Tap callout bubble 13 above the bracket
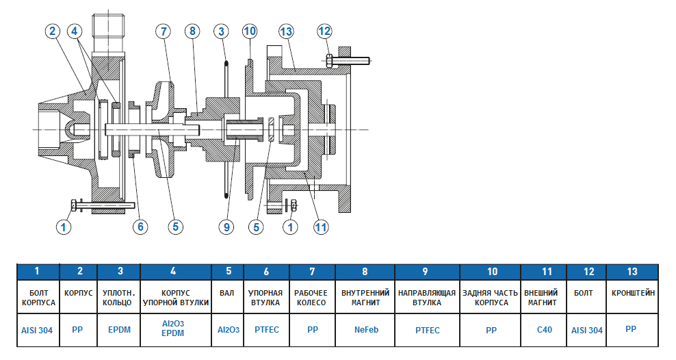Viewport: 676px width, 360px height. [x=286, y=31]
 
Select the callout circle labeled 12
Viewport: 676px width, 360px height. [x=324, y=31]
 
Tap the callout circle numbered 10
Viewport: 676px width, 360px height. [x=249, y=31]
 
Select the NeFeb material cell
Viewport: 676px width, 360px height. [x=366, y=329]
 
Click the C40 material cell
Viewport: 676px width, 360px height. [x=545, y=329]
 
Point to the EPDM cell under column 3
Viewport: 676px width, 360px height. [x=119, y=329]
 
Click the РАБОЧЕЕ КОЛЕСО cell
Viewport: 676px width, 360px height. [x=313, y=297]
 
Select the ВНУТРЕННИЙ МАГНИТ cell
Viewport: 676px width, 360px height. [x=366, y=297]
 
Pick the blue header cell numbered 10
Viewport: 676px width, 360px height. [x=491, y=272]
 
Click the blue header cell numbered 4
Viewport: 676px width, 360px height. [x=176, y=272]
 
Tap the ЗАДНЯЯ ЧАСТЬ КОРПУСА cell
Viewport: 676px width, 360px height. [x=491, y=297]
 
